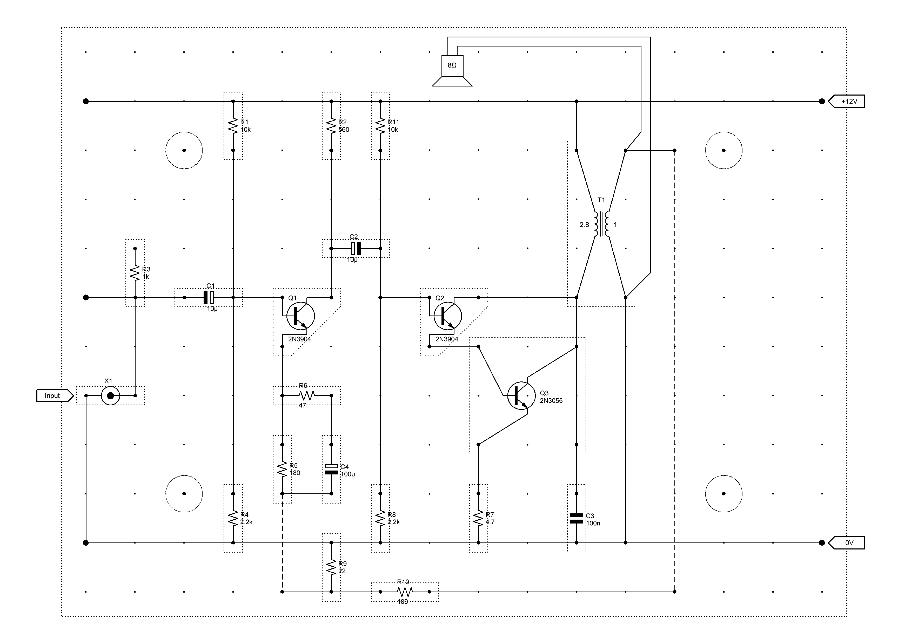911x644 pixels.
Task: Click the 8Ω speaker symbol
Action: click(x=452, y=71)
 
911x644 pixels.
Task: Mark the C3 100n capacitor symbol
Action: click(x=577, y=518)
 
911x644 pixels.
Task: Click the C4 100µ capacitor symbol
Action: click(x=331, y=469)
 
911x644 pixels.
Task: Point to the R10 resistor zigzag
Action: click(x=405, y=592)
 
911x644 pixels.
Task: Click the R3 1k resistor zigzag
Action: click(x=135, y=273)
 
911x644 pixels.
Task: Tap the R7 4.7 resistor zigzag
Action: click(x=479, y=518)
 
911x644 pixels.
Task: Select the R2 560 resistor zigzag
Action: click(x=331, y=126)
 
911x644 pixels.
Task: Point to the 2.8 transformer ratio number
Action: click(x=584, y=225)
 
